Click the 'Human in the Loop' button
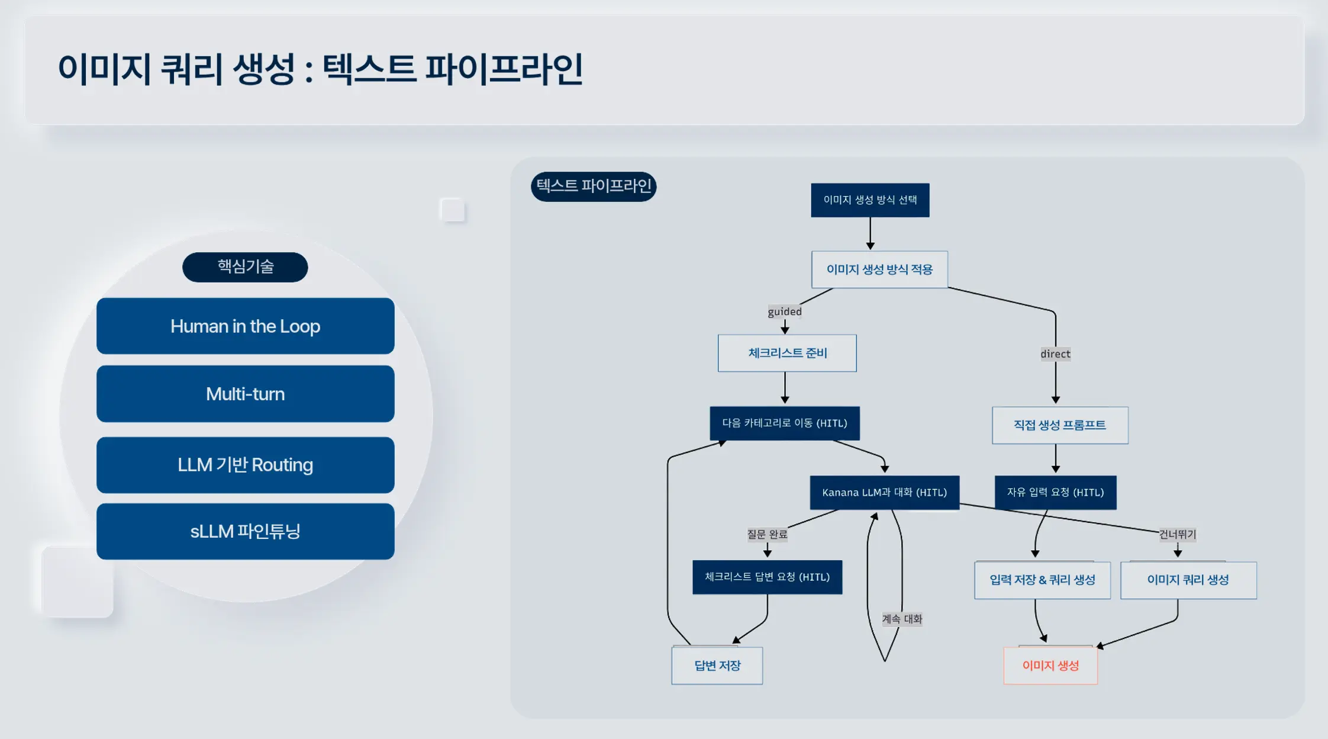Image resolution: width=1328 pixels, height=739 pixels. (245, 326)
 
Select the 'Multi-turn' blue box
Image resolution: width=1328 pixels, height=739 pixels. (245, 394)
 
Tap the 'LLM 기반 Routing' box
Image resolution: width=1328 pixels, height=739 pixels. (245, 465)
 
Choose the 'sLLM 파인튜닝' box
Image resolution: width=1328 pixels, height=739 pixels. (245, 531)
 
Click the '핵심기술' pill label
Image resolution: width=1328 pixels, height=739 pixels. (245, 267)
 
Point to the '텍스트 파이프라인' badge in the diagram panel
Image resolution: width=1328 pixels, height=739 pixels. (594, 187)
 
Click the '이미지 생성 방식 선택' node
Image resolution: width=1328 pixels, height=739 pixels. (870, 200)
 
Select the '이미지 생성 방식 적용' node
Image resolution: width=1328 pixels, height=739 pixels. (879, 269)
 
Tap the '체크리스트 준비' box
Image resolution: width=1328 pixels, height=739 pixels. (787, 353)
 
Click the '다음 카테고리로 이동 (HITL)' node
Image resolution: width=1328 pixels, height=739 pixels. (785, 423)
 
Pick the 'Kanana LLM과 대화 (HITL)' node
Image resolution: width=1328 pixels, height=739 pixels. (884, 493)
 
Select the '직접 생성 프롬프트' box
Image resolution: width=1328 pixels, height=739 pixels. (1060, 425)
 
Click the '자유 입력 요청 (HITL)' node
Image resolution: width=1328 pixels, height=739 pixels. (1055, 493)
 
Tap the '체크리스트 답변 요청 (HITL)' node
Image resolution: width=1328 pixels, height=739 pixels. (767, 577)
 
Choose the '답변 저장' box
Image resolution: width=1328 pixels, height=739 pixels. (717, 666)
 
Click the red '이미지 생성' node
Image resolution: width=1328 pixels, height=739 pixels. (1050, 666)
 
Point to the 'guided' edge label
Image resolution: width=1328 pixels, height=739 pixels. (785, 311)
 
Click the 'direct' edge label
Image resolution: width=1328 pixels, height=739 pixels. (1055, 354)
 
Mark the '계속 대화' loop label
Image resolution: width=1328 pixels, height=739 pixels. (902, 619)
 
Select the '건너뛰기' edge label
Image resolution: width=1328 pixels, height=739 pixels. (1177, 535)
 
